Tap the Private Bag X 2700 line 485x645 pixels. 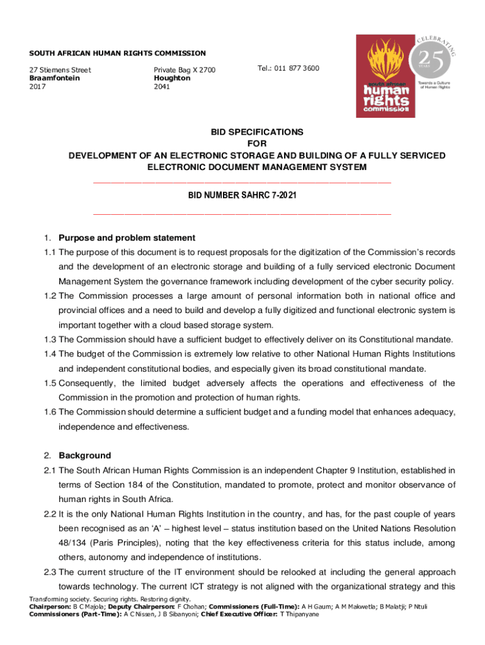[185, 70]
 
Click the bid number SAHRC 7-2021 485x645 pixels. [243, 196]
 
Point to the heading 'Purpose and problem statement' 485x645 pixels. [127, 238]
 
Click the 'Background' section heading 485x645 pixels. [84, 455]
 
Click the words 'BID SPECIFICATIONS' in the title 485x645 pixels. [256, 132]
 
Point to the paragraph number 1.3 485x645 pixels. [50, 340]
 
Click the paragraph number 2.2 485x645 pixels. [50, 513]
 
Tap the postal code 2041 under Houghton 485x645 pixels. [162, 86]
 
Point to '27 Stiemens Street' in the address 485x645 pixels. [60, 70]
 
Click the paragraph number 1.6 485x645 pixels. [50, 412]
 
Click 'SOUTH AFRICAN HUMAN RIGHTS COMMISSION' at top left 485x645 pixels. [118, 54]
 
